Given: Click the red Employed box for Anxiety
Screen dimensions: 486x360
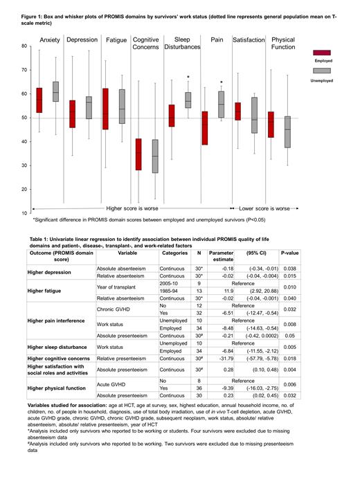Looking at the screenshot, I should pyautogui.click(x=39, y=100).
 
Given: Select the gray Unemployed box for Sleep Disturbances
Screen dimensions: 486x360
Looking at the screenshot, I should pyautogui.click(x=187, y=100).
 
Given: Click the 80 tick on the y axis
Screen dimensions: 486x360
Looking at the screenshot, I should pyautogui.click(x=24, y=46).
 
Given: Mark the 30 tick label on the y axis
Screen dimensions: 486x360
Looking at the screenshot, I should pyautogui.click(x=24, y=165).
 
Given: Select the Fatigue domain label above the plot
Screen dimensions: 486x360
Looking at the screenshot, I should pyautogui.click(x=116, y=41).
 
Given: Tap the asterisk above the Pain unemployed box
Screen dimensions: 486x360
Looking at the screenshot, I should pyautogui.click(x=221, y=82).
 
